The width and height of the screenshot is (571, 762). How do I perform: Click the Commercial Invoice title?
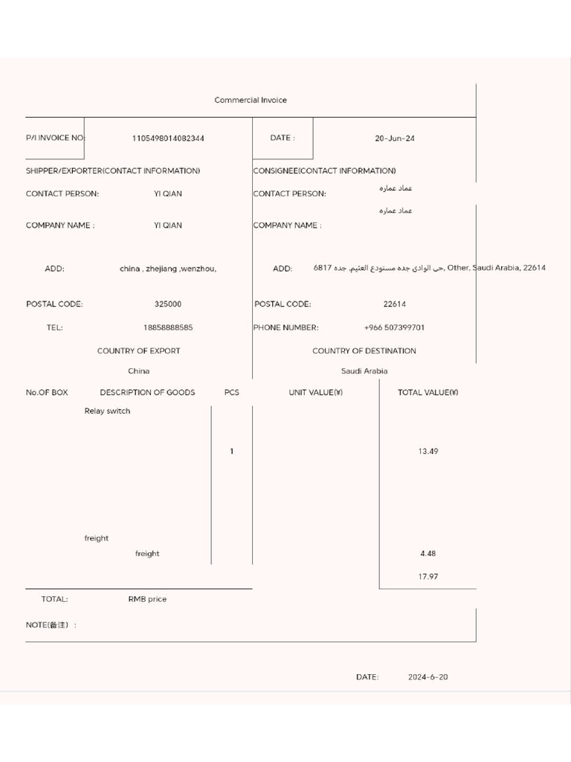pos(251,100)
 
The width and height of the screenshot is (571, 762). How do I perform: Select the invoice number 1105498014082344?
pos(168,138)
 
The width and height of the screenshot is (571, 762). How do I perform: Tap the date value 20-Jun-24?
pos(395,138)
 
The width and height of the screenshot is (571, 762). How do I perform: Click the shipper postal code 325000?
pos(168,304)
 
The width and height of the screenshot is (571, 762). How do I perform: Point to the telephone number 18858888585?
pos(168,327)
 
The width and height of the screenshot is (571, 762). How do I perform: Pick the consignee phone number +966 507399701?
pos(394,327)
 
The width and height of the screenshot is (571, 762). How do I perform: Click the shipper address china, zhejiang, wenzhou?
pos(168,269)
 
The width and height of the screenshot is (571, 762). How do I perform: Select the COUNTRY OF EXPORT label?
pos(138,351)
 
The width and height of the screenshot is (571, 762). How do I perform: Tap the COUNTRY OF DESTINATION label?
pos(364,351)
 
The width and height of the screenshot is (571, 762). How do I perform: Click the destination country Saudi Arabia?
pos(364,371)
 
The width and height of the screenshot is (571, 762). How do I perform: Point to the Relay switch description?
pos(107,412)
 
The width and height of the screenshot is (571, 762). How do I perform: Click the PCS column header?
pos(232,393)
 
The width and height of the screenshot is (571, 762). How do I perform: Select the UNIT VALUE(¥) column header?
pos(316,393)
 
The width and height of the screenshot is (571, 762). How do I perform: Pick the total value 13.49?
pos(428,452)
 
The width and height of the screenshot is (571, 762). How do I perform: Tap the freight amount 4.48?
pos(428,554)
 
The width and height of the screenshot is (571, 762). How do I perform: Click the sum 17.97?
pos(428,577)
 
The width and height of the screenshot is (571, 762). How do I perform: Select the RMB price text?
pos(147,600)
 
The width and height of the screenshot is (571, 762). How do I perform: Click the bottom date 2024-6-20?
pos(428,678)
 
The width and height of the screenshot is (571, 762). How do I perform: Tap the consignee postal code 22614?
pos(395,304)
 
